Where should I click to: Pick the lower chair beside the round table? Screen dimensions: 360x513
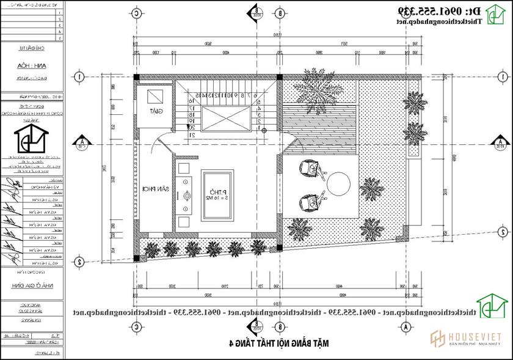(x=310, y=201)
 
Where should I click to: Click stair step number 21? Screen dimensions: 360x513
(x=191, y=134)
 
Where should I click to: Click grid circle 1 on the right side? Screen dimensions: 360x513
(x=502, y=77)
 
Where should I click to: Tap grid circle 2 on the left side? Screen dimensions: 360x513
(x=79, y=262)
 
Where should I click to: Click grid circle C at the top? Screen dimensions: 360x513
(x=137, y=12)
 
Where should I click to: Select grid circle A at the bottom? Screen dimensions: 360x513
(x=404, y=328)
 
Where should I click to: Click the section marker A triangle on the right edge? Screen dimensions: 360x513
(x=499, y=143)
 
